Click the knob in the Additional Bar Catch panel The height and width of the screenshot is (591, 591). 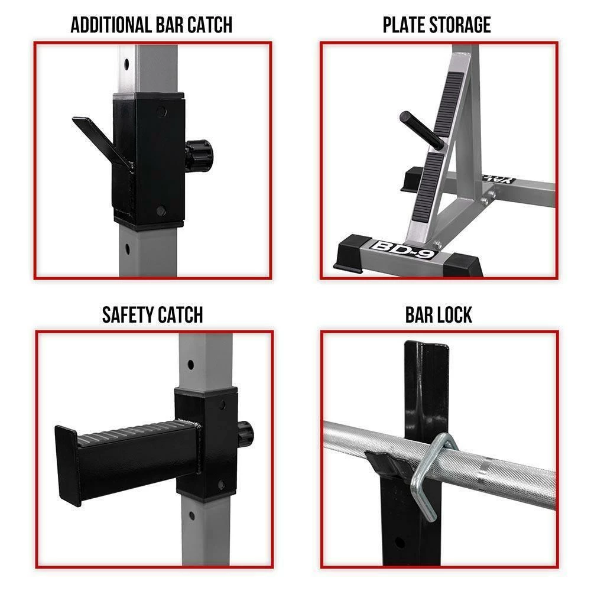coord(199,155)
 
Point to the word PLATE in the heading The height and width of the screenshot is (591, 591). coord(404,25)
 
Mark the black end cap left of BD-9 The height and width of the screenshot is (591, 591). coord(352,251)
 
